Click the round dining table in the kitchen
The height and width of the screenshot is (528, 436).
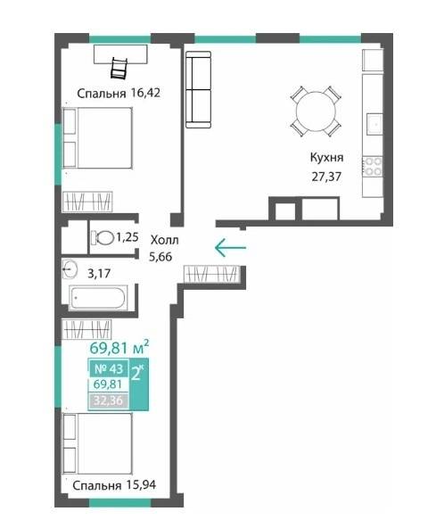pos(316,111)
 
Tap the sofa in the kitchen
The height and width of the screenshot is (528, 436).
pos(198,89)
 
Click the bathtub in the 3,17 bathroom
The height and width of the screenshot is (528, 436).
pos(98,298)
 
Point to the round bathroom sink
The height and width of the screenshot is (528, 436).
pos(70,269)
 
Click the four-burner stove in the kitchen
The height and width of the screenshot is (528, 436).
pos(373,167)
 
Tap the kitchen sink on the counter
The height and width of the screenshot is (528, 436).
pos(374,124)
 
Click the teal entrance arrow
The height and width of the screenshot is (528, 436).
pos(231,248)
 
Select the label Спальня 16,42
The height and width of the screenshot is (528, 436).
pos(119,93)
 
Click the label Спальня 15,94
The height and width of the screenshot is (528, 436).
pos(114,485)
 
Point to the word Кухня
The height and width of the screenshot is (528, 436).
pos(326,158)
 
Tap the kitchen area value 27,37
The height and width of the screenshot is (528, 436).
pos(326,177)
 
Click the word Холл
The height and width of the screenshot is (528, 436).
pos(164,240)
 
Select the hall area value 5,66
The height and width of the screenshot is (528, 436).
pos(160,257)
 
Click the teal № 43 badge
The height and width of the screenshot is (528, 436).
pos(109,368)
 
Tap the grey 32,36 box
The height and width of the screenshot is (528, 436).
pos(109,401)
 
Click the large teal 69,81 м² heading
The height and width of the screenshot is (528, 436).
pos(119,348)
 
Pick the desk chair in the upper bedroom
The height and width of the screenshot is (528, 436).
pos(119,69)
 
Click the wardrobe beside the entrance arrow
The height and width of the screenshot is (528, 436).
pos(212,274)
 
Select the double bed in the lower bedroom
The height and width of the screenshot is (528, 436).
pos(98,443)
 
